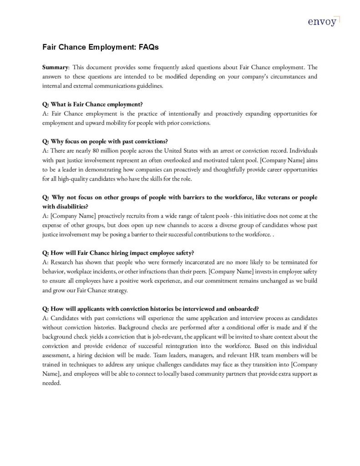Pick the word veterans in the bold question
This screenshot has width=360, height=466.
[x=264, y=197]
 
